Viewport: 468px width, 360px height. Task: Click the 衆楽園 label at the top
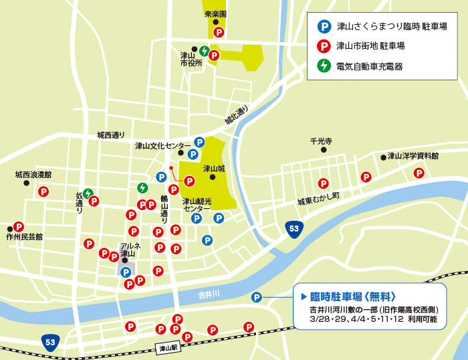215,13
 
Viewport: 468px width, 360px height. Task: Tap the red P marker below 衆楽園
218,32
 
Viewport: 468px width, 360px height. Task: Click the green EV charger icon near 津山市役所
204,50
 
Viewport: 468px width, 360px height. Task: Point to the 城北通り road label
236,116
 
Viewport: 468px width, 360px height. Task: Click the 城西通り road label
110,135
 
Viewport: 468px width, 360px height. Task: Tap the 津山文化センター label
162,145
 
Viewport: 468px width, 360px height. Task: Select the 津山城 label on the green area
214,169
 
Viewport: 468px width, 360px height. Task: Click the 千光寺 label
321,141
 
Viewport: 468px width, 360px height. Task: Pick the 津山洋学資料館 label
413,156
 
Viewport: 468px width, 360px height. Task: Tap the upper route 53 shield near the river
294,228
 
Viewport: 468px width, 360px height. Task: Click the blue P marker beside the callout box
257,297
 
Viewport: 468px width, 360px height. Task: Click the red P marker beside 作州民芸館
19,227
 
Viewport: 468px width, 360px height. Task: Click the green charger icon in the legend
323,66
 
